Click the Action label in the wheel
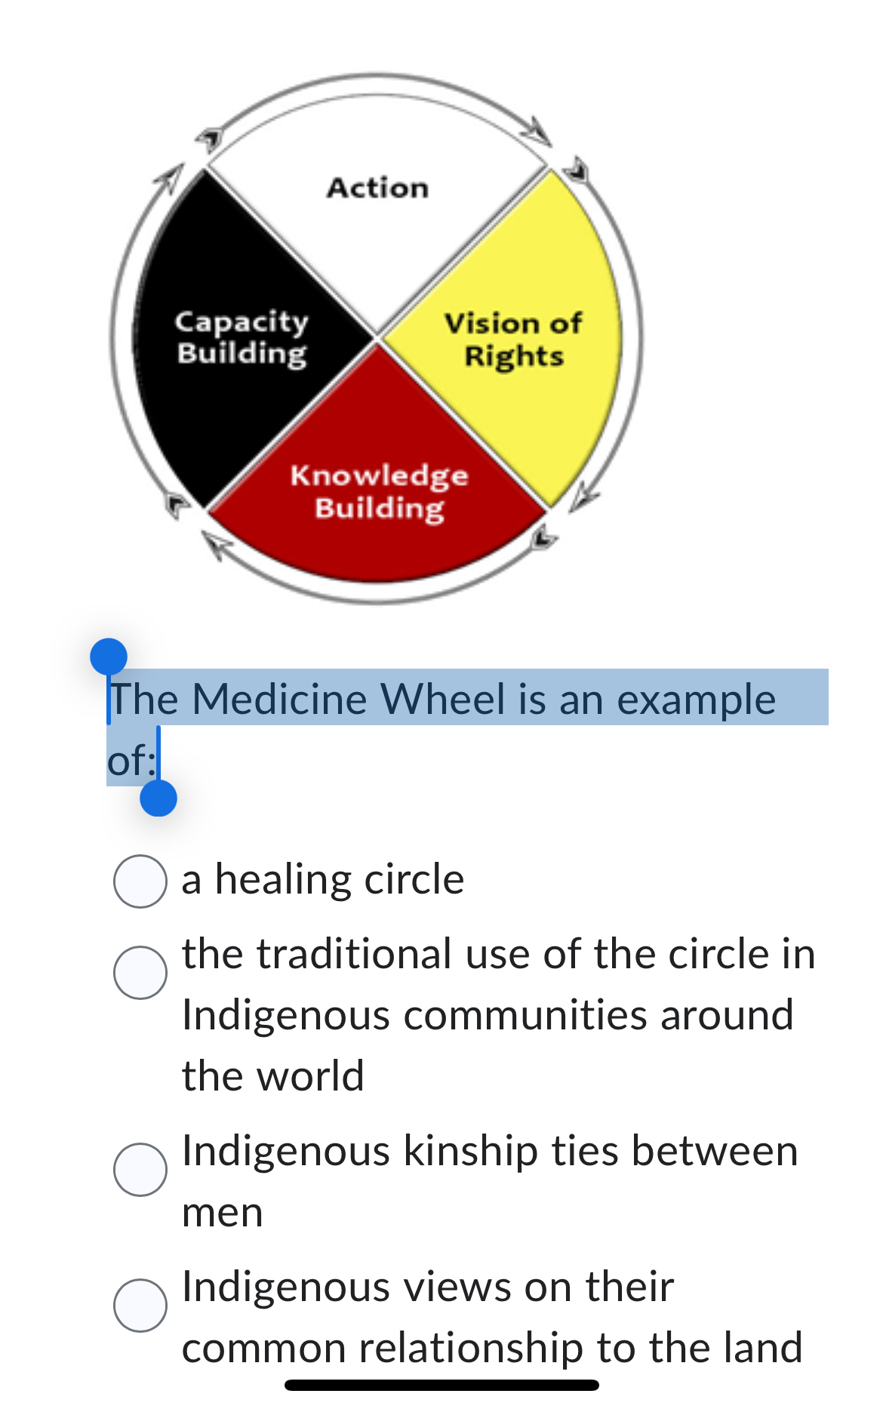(x=377, y=187)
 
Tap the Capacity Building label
(x=242, y=337)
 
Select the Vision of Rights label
(x=513, y=340)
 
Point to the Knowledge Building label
(x=379, y=491)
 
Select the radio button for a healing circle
(x=140, y=881)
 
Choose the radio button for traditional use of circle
(x=140, y=972)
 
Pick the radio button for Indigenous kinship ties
(x=140, y=1169)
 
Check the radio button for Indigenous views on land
(x=140, y=1305)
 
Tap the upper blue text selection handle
(x=109, y=656)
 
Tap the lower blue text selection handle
(x=158, y=798)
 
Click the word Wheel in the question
(x=443, y=699)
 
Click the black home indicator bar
(x=441, y=1385)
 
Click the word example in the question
(x=696, y=699)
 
